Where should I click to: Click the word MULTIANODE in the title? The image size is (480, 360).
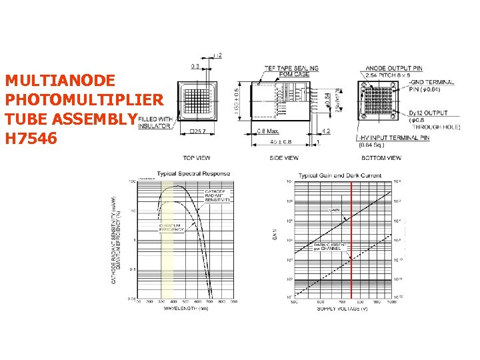(x=61, y=81)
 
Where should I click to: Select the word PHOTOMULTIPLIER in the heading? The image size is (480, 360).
(x=83, y=100)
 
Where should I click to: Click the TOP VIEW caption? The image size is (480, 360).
(x=197, y=158)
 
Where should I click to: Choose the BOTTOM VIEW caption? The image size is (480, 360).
(x=381, y=158)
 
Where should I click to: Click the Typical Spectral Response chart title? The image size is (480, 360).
(x=193, y=174)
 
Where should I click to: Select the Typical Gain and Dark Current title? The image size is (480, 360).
(x=339, y=176)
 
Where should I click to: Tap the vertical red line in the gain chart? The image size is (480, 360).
(x=351, y=240)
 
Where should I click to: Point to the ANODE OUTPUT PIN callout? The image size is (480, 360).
(x=394, y=68)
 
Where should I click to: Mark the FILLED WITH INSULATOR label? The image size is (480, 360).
(x=155, y=123)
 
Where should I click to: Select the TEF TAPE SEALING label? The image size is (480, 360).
(x=291, y=68)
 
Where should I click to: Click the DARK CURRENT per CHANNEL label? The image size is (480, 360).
(x=329, y=247)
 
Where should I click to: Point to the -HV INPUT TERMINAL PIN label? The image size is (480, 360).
(x=394, y=137)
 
